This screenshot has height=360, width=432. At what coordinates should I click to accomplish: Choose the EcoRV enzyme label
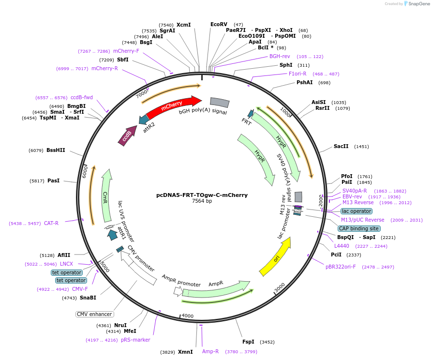pos(219,24)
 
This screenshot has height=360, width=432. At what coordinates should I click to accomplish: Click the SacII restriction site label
pos(341,146)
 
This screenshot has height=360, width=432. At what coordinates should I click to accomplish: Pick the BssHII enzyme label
pos(56,150)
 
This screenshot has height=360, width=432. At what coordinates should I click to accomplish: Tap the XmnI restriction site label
pos(185,352)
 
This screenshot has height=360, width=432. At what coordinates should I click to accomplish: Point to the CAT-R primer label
pos(51,223)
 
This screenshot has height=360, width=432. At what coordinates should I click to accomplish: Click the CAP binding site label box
pos(358,228)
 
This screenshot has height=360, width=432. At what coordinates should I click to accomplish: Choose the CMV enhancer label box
pos(94,314)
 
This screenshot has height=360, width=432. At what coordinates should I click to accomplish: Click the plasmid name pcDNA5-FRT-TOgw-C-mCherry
pos(202,195)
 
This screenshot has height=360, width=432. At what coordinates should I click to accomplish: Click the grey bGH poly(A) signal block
pos(219,103)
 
